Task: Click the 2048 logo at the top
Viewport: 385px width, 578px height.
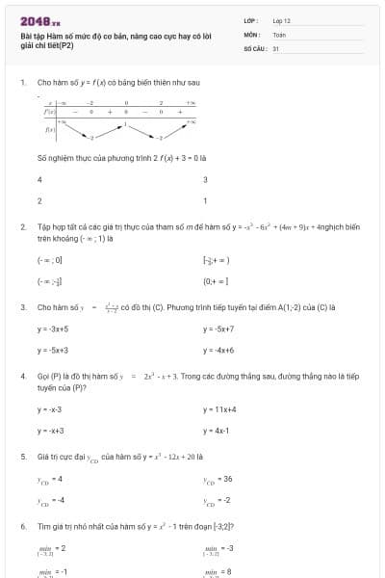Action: [39, 20]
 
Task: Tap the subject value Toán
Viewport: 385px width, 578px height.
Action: [279, 33]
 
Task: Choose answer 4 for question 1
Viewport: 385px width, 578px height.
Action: [39, 180]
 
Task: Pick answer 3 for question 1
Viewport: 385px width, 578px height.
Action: [205, 180]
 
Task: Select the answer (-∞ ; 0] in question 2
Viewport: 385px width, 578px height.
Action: [49, 260]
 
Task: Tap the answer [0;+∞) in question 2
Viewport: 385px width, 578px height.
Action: [215, 281]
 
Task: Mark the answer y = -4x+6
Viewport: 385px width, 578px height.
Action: [218, 351]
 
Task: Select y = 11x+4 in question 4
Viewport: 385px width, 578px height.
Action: [219, 409]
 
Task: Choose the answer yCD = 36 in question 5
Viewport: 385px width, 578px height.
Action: [217, 479]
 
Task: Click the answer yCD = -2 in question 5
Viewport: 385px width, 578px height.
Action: [216, 500]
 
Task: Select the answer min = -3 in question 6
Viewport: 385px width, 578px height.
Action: [217, 549]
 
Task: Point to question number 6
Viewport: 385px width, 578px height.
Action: [23, 527]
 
